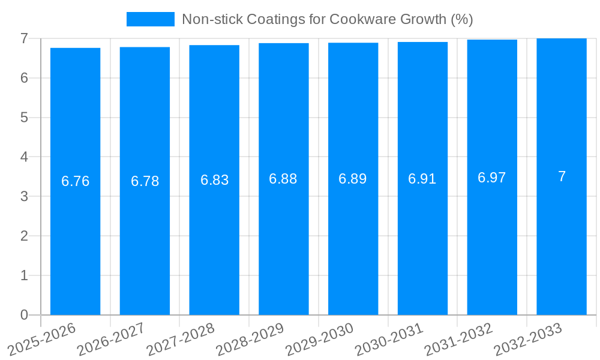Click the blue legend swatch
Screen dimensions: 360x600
pos(150,19)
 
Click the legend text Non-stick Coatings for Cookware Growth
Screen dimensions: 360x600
pos(328,19)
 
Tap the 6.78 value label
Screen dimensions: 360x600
pos(145,181)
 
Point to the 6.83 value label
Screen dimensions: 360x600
pos(214,180)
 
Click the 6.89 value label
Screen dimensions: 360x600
pos(353,179)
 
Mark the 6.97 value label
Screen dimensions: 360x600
pos(492,178)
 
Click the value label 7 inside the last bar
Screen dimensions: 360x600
pos(562,176)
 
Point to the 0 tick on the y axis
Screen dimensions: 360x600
pos(24,315)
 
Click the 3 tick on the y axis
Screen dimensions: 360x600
pos(24,196)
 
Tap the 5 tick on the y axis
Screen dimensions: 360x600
pos(24,118)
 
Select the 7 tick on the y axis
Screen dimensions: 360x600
pos(24,38)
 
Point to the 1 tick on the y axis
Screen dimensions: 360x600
pos(24,275)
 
